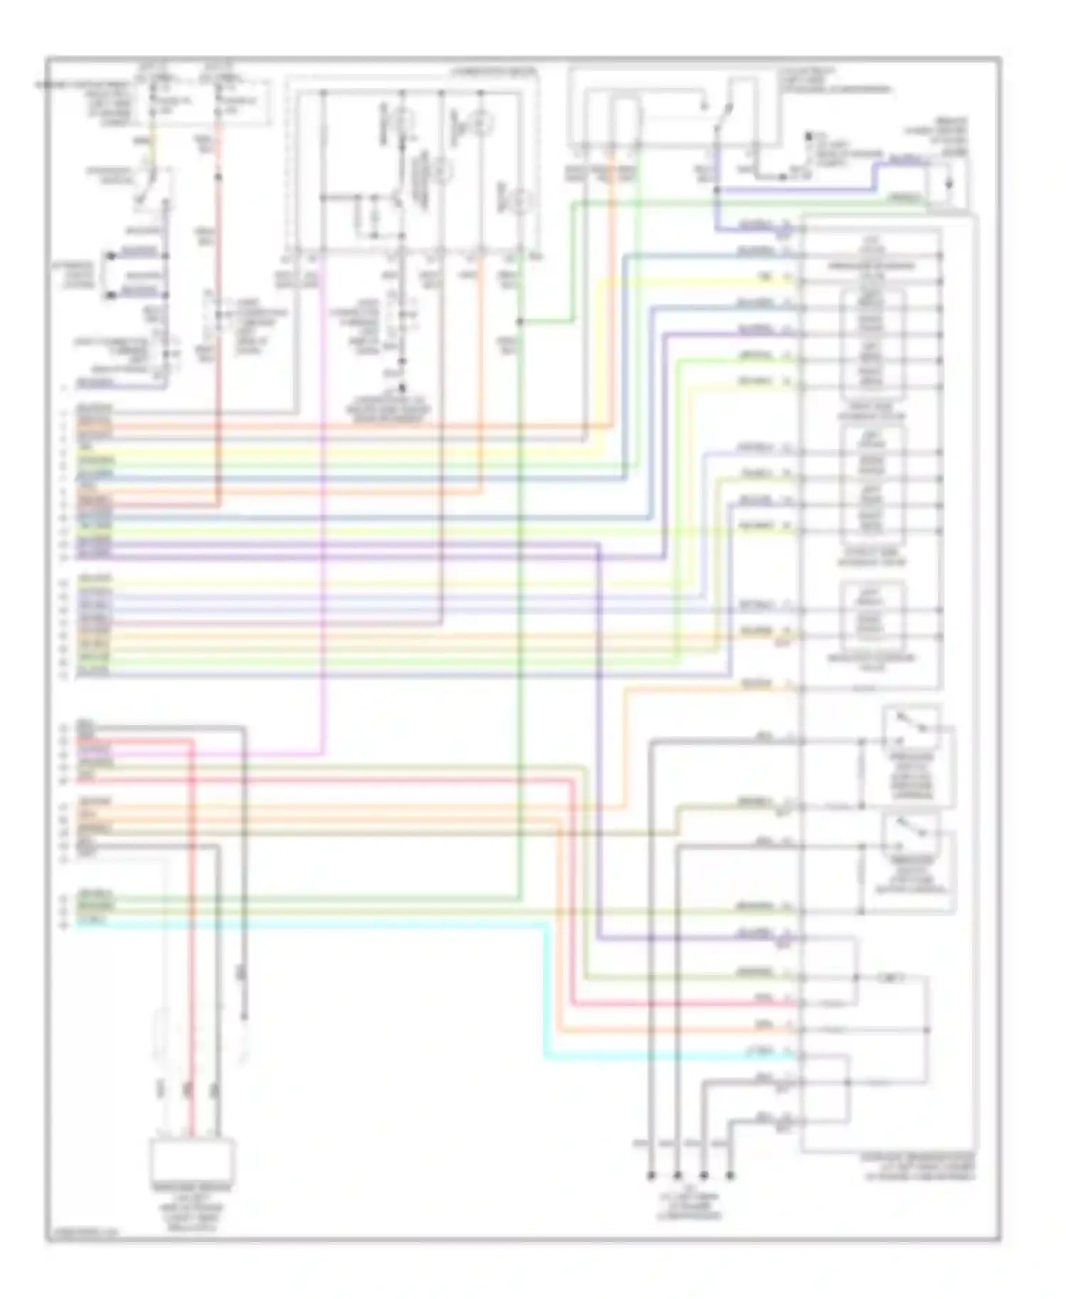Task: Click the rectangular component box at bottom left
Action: [192, 1160]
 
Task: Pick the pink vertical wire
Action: [323, 497]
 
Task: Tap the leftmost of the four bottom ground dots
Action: [650, 1177]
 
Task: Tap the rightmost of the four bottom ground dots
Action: [729, 1177]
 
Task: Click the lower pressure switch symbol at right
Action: [912, 831]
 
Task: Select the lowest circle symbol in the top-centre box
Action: [522, 202]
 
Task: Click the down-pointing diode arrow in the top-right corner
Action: [949, 186]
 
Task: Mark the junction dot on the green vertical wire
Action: [520, 322]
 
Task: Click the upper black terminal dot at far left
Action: [110, 255]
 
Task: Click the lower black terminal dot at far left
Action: [110, 293]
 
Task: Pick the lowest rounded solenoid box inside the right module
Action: [872, 613]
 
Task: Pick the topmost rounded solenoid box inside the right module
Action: [872, 345]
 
